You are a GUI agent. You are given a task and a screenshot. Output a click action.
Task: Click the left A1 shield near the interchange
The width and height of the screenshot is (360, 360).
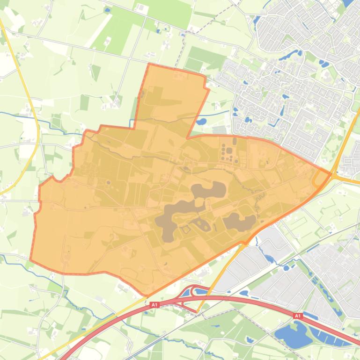pyautogui.click(x=154, y=305)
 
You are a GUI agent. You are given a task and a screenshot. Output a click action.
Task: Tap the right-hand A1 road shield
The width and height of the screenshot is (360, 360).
pyautogui.click(x=297, y=317)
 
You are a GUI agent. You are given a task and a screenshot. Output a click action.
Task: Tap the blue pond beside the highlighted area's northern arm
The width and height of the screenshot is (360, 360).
pyautogui.click(x=201, y=122)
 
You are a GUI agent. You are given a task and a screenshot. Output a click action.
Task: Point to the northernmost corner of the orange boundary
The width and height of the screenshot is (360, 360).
pyautogui.click(x=149, y=64)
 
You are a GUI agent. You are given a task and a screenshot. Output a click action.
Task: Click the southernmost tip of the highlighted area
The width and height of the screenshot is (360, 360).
pyautogui.click(x=147, y=295)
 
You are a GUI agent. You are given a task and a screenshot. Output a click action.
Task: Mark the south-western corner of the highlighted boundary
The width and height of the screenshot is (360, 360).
pyautogui.click(x=31, y=260)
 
